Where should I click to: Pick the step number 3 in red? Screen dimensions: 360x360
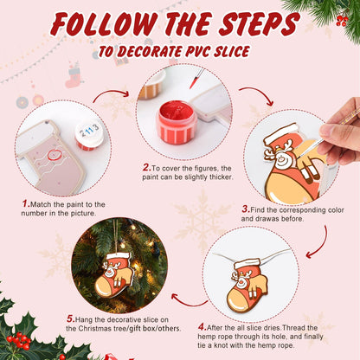[x=245, y=209]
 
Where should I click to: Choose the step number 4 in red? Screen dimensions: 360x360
[x=201, y=327]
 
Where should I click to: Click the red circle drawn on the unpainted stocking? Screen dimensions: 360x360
[x=56, y=156]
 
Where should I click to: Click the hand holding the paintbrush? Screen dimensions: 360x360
[x=337, y=138]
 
